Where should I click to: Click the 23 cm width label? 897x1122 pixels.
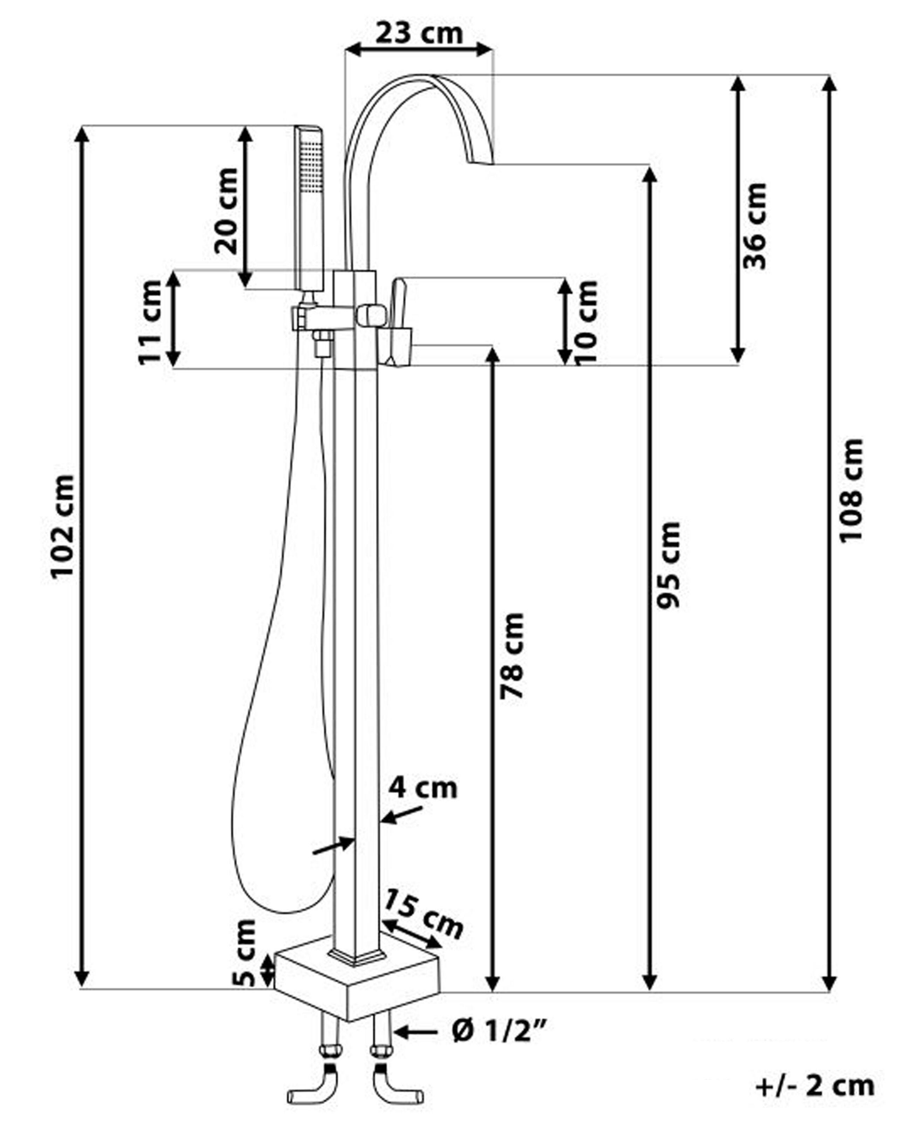click(419, 33)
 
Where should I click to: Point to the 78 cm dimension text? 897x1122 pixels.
click(512, 656)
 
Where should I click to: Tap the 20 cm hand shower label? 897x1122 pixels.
click(226, 211)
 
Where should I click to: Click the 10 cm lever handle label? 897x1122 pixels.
click(586, 322)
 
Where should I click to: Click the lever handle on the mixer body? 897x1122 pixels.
click(399, 323)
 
